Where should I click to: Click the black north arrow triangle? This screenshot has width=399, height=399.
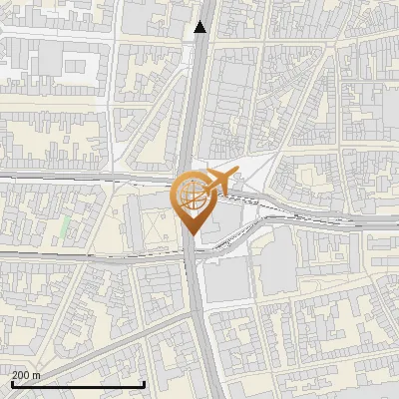coord(201,27)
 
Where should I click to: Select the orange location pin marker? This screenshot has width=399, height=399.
coord(190,200)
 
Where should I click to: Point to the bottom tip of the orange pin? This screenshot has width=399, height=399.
coord(190,232)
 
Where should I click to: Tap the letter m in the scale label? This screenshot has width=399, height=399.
coord(38,375)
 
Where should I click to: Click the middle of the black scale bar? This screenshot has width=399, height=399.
coord(78,384)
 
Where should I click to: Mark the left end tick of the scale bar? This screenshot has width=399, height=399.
coord(11,382)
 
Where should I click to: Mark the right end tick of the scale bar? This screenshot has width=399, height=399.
coord(145,382)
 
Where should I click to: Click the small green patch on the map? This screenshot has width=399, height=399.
coord(66,227)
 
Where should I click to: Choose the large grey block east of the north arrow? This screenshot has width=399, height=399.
coord(234,100)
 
